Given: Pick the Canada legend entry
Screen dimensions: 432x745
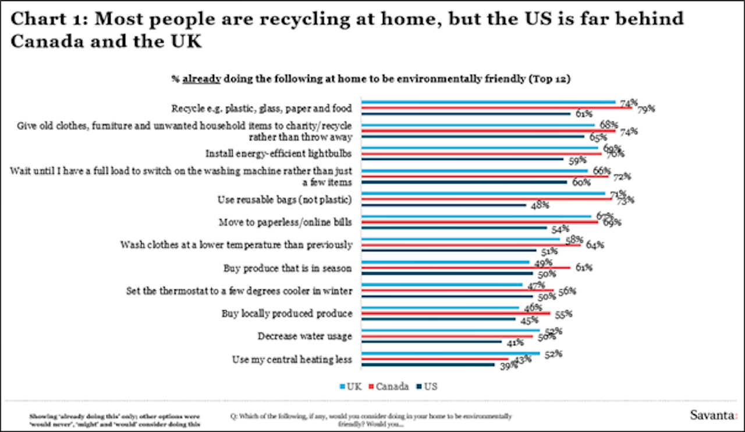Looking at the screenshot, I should [389, 386].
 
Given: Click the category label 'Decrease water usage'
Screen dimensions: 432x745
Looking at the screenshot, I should [304, 337].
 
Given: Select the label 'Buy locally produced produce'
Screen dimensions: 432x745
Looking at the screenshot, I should [287, 314].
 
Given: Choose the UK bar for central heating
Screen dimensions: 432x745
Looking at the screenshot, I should [451, 353].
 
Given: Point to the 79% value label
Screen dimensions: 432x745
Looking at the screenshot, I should [646, 108].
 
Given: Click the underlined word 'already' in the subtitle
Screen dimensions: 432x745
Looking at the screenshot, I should [201, 79].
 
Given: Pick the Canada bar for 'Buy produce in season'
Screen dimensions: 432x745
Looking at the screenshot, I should [466, 268].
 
